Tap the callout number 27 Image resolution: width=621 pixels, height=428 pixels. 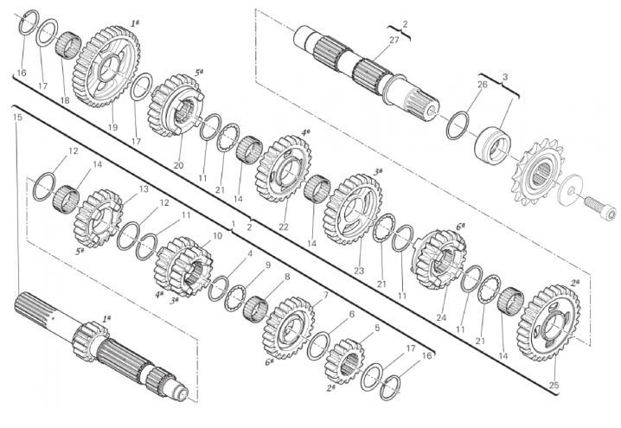point(394,40)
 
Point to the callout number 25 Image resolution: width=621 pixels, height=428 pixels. point(554,386)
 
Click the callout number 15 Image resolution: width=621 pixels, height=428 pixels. point(17,118)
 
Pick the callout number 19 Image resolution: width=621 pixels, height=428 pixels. point(113,127)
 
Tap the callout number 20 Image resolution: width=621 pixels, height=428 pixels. point(179,165)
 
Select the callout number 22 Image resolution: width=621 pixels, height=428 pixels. point(284,227)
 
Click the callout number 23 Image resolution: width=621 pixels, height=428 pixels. point(359,271)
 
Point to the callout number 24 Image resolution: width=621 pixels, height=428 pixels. point(442,317)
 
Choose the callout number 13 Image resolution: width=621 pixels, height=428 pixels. point(143,189)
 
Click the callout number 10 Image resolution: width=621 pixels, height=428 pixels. point(217,235)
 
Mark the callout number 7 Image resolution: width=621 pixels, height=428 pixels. point(326,295)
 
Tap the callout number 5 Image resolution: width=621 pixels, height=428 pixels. point(377,328)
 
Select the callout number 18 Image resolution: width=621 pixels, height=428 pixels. point(65,100)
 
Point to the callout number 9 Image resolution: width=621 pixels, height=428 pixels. point(268,265)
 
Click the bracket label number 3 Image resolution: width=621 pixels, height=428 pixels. point(504,77)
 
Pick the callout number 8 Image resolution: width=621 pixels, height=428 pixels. point(287,277)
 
